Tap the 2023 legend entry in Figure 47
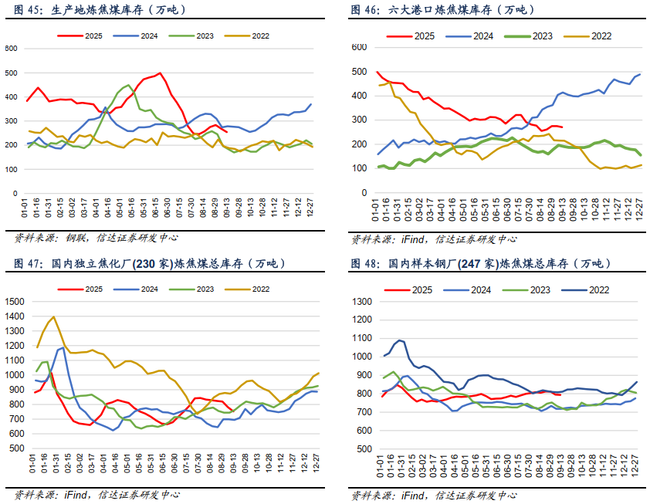coord(194,289)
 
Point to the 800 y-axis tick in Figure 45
coord(11,49)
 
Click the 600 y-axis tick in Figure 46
coord(358,47)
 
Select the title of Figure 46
coord(442,10)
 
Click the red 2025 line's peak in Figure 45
coord(160,73)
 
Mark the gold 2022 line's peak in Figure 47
coord(53,316)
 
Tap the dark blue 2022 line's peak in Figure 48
coord(399,340)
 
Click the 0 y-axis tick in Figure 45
coord(15,192)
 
